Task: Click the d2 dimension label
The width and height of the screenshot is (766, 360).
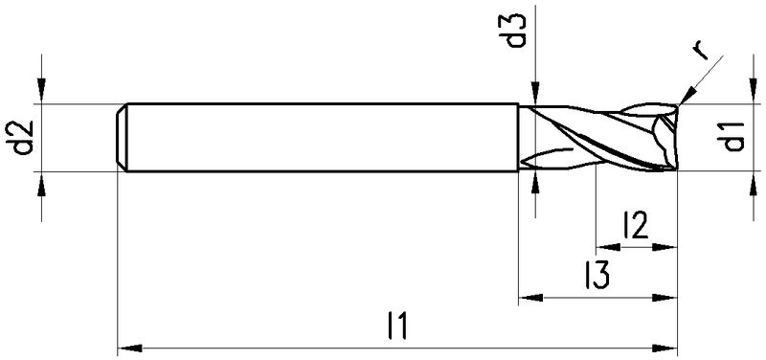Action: (x=23, y=138)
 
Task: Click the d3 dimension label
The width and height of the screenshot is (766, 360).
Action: (x=517, y=31)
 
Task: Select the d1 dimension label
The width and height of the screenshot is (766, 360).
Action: (x=733, y=137)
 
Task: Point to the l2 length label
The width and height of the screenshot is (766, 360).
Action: (x=635, y=225)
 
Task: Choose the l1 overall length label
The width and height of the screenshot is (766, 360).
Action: (x=397, y=326)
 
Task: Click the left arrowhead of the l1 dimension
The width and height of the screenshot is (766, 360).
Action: (x=129, y=349)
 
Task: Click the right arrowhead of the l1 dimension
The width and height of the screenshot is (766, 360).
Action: (x=665, y=349)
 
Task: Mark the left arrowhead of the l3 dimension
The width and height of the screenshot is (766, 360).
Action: (x=530, y=298)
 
